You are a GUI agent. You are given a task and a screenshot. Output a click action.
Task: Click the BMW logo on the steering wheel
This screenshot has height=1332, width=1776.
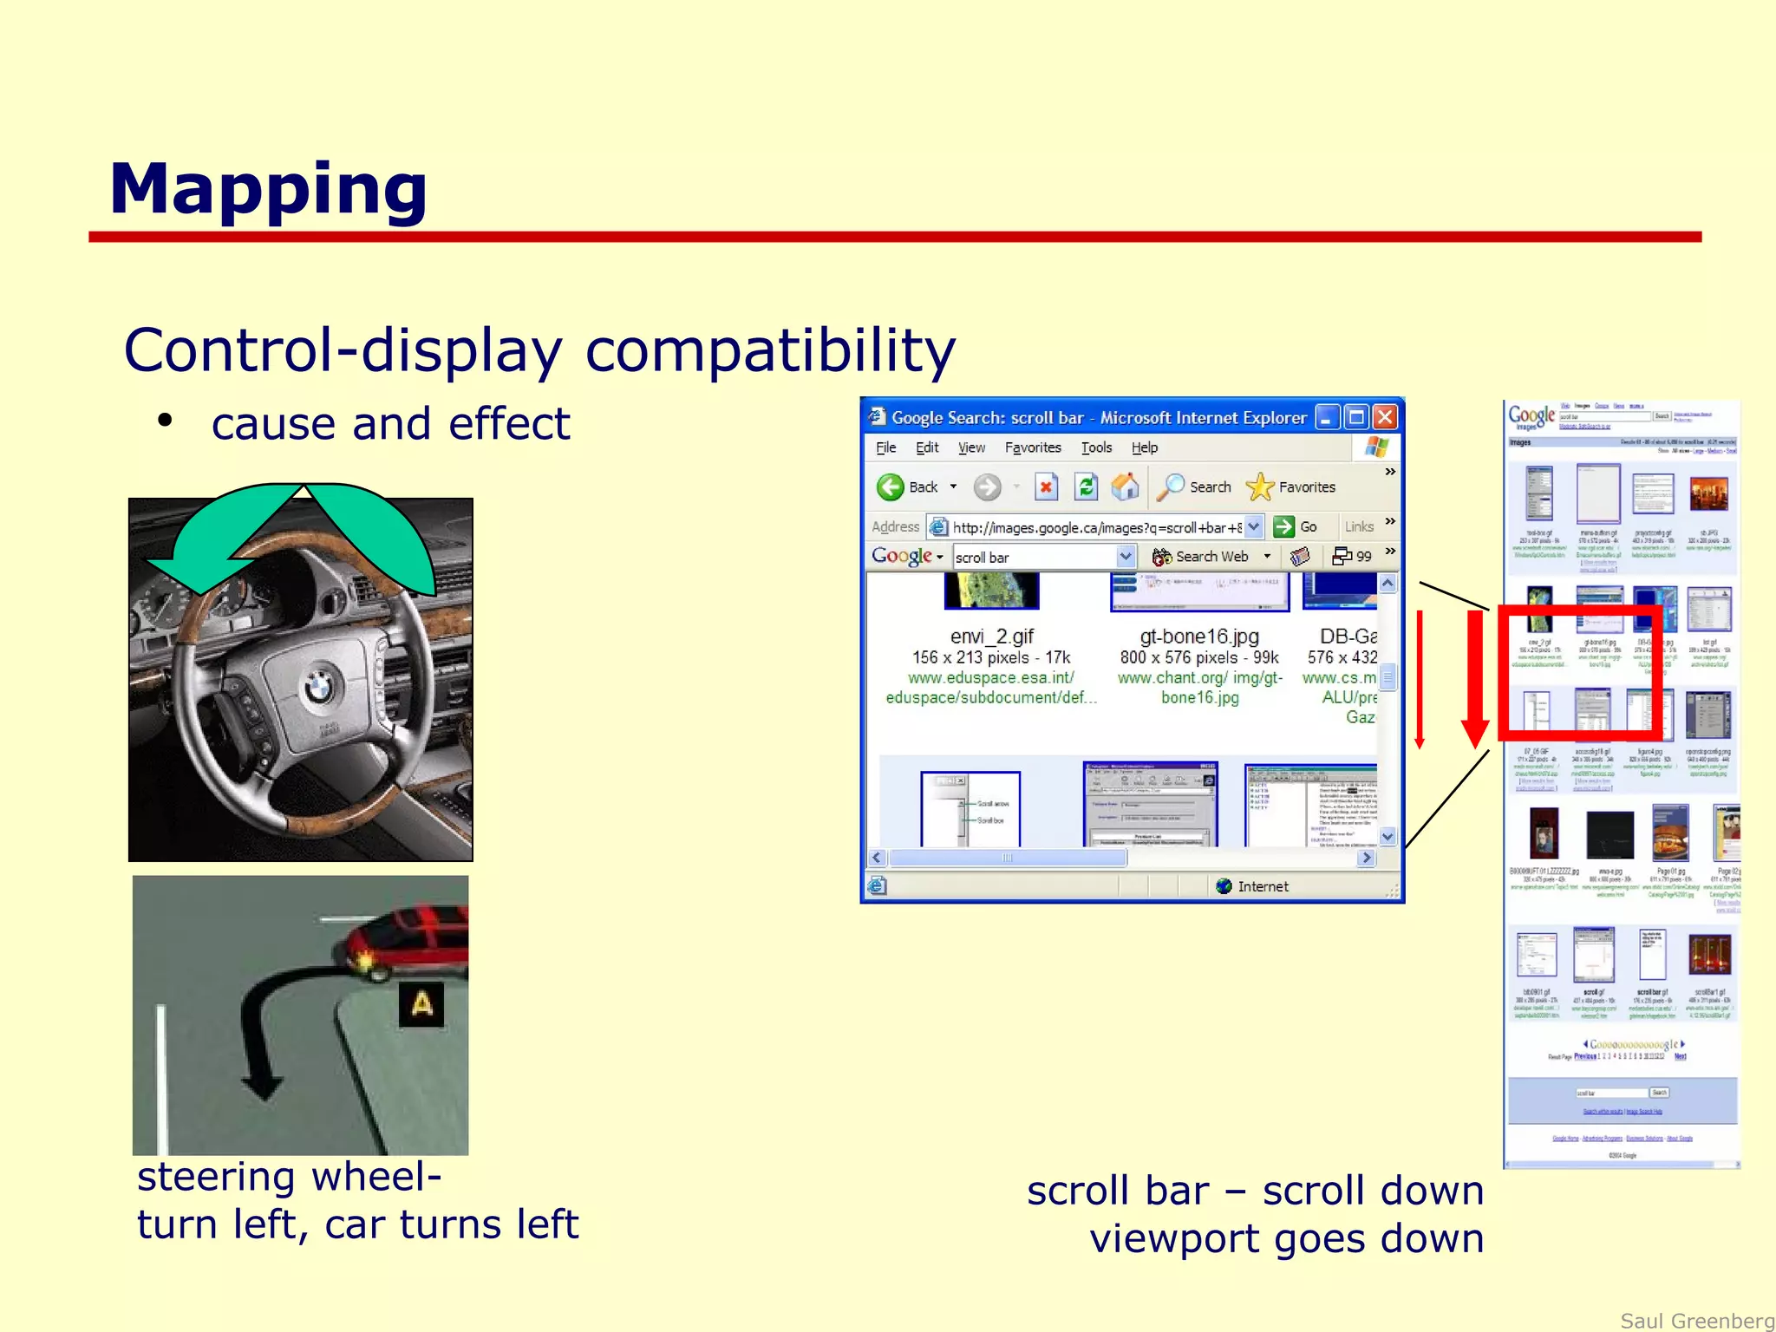tap(319, 688)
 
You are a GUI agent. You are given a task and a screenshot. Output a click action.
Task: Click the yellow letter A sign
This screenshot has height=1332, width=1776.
tap(421, 1004)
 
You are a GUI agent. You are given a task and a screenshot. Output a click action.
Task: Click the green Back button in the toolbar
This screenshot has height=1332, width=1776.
tap(891, 487)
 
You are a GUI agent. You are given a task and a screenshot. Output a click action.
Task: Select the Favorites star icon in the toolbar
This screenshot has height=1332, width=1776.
tap(1259, 487)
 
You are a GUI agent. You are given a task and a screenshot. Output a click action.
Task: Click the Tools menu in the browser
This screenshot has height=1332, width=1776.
tap(1096, 447)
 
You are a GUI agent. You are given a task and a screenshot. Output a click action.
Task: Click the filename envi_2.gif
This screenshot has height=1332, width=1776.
tap(991, 636)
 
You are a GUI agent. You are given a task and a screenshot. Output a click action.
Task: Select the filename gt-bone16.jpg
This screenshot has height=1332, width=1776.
tap(1199, 636)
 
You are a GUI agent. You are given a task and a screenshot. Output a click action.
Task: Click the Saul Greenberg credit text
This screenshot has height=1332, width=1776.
tap(1696, 1320)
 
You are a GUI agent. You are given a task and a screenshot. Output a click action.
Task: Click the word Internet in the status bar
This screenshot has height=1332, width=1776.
tap(1263, 886)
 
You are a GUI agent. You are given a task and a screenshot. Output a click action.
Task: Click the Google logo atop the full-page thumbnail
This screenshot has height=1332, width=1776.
tap(1531, 415)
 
